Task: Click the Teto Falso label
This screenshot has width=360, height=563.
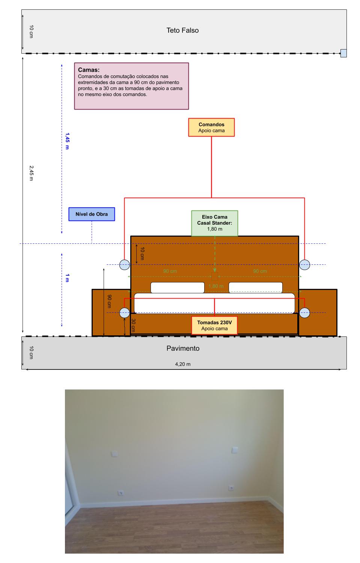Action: click(x=182, y=30)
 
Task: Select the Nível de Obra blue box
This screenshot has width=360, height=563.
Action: click(x=92, y=214)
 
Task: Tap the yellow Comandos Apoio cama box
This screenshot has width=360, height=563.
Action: click(x=211, y=128)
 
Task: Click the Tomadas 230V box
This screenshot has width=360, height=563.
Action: click(x=214, y=325)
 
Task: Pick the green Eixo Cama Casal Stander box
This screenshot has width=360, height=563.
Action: click(x=214, y=223)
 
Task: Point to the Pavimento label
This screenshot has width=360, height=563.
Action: click(x=183, y=348)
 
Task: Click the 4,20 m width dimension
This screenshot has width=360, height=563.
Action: click(x=182, y=364)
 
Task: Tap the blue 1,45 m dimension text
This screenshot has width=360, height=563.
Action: click(x=67, y=141)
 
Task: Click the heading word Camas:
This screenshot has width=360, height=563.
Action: click(x=89, y=70)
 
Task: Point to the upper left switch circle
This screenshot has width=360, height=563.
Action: click(x=125, y=264)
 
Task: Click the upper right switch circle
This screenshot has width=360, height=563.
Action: click(x=304, y=264)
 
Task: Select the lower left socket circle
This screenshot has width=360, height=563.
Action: click(x=125, y=312)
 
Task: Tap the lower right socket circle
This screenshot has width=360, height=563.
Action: click(x=304, y=312)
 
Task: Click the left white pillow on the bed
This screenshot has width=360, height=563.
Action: click(x=177, y=288)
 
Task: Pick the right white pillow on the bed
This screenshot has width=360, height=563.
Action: click(x=255, y=288)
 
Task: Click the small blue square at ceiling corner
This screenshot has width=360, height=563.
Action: click(x=343, y=53)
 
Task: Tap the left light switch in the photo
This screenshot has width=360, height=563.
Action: click(x=114, y=454)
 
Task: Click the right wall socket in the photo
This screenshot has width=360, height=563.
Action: click(x=231, y=488)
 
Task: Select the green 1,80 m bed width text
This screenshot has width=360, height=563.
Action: click(x=216, y=286)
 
